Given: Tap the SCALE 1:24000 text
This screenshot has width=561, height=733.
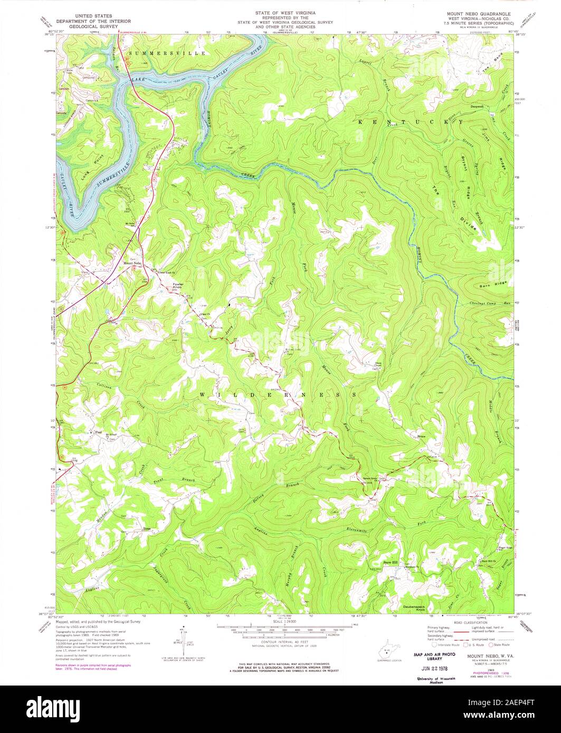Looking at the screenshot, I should pos(284,623).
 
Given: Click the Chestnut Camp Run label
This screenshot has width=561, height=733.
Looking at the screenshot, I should pos(490,304).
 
